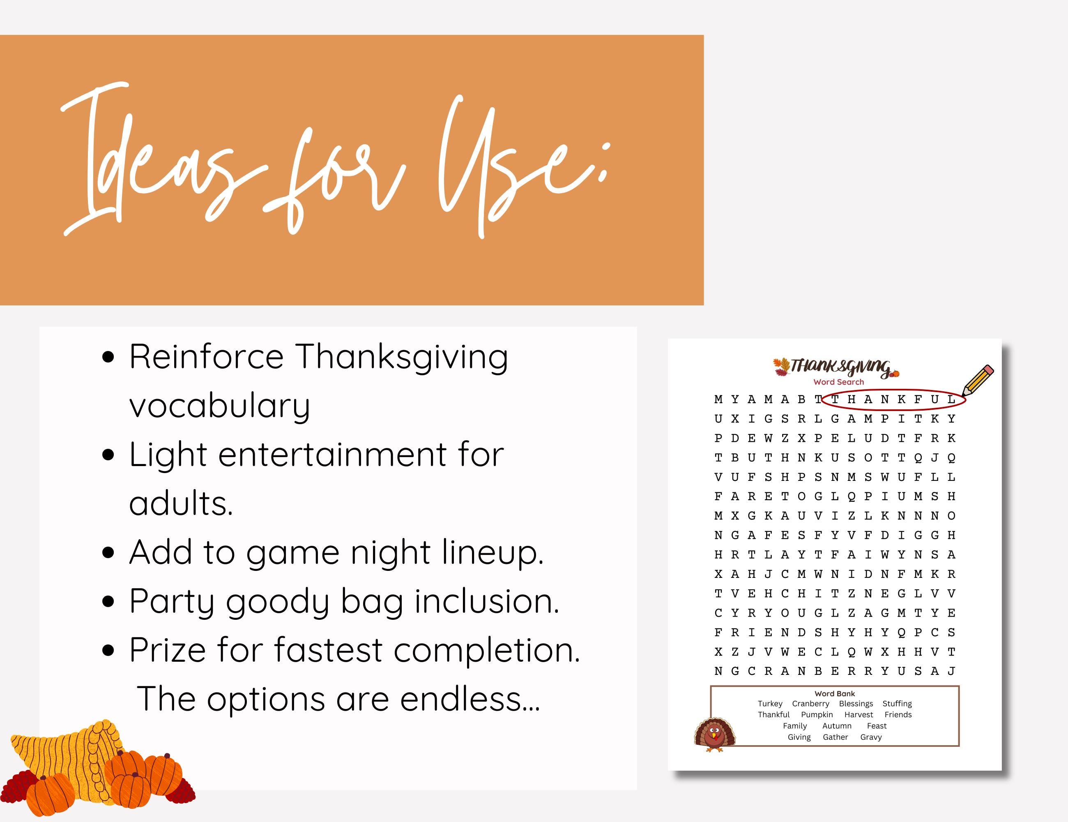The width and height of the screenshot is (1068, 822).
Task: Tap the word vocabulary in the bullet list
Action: click(x=220, y=406)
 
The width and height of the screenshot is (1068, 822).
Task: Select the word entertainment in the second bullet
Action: click(x=332, y=455)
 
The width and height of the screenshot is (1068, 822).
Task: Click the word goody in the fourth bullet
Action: click(x=277, y=602)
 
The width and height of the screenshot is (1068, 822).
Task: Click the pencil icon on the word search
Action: click(x=978, y=380)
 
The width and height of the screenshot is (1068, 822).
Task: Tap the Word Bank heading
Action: click(x=835, y=693)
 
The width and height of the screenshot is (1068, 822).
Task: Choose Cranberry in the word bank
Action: click(x=810, y=704)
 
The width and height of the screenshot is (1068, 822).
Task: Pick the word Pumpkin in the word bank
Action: click(x=817, y=715)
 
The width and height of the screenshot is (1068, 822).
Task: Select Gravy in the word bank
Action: click(x=871, y=737)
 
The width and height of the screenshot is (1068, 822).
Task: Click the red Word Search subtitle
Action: click(x=839, y=382)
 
